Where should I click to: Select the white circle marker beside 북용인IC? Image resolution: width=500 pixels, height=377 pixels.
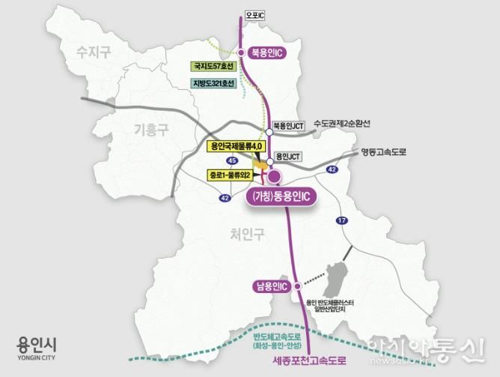coord(241,52)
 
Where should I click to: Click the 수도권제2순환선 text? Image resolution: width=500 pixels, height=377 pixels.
coord(342,123)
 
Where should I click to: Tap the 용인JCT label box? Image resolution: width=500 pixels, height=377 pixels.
coord(287,157)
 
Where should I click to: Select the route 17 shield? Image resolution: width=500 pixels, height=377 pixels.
coord(342,220)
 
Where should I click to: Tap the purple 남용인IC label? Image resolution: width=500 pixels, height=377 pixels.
coord(272,286)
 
